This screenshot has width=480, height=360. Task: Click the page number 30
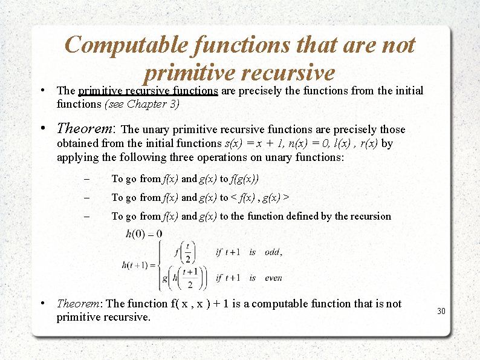pyautogui.click(x=441, y=311)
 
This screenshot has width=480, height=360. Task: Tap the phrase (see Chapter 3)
pyautogui.click(x=142, y=103)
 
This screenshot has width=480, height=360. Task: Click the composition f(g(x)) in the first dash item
pyautogui.click(x=244, y=178)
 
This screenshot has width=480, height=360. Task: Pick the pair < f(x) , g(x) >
pyautogui.click(x=259, y=197)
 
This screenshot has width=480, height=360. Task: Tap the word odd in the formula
pyautogui.click(x=272, y=252)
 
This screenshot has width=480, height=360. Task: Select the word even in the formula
pyautogui.click(x=273, y=278)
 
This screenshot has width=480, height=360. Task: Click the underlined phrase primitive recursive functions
pyautogui.click(x=148, y=91)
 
